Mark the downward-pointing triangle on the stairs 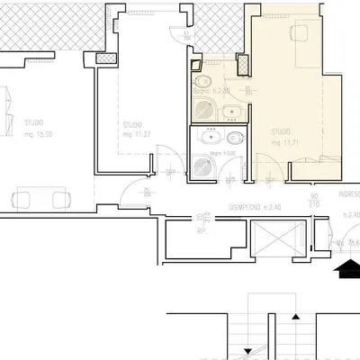pos(247,351)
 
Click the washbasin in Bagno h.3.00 pos(233,139)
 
